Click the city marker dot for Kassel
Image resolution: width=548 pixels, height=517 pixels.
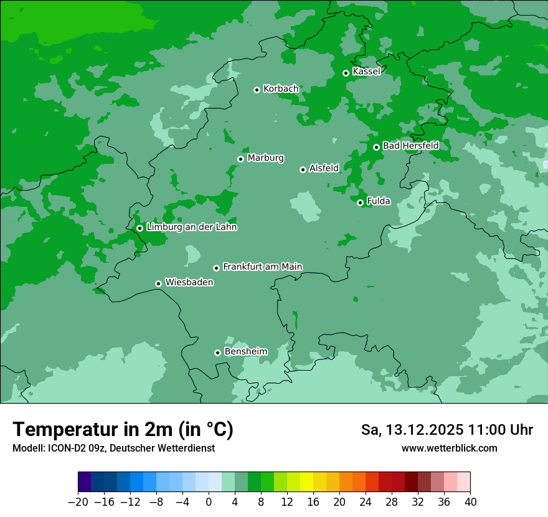(346, 73)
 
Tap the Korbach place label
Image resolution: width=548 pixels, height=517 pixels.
(281, 89)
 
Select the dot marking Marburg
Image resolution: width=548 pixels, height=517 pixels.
(240, 159)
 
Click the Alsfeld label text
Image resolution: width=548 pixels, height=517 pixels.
(324, 168)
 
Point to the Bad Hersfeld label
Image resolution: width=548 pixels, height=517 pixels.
(410, 146)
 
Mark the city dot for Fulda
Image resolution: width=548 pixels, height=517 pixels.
(360, 202)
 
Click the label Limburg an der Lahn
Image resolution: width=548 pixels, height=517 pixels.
(191, 227)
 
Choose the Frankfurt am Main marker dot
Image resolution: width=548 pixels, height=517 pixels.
(216, 268)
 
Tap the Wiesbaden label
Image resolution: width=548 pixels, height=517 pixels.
(189, 283)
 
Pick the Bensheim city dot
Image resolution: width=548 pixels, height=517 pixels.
(217, 353)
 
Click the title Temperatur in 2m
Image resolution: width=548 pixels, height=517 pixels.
(123, 430)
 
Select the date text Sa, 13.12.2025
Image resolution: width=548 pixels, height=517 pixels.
(412, 430)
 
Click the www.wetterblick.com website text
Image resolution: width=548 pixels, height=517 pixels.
(449, 448)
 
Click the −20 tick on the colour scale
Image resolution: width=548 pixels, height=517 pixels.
(78, 502)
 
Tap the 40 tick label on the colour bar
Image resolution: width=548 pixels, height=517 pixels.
(470, 502)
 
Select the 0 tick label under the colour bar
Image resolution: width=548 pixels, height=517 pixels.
(209, 502)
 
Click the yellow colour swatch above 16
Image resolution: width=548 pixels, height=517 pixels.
(306, 481)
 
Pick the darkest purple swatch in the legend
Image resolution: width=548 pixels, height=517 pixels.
(85, 481)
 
